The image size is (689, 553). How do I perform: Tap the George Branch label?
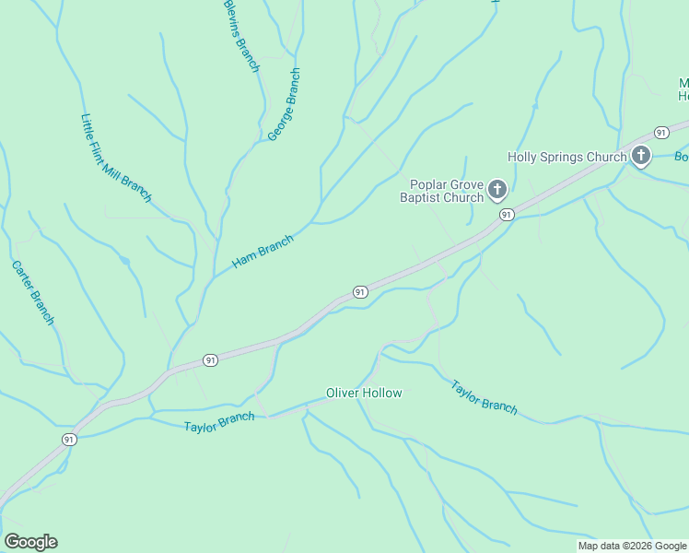coord(284,104)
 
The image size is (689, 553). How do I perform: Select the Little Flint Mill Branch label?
coord(115,158)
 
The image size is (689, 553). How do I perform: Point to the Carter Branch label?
coord(33,292)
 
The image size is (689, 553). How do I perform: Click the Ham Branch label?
coord(263,252)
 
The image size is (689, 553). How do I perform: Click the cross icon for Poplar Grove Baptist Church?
coord(497,191)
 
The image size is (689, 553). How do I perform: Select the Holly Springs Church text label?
coord(566,157)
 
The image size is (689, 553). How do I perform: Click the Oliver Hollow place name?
coord(364,394)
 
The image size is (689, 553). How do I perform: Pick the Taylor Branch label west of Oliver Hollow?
coord(218,423)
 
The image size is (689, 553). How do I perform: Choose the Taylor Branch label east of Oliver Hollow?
coord(484,396)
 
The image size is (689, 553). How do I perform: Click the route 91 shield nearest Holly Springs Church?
coord(661,133)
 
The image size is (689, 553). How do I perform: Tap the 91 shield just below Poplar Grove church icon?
coord(506,215)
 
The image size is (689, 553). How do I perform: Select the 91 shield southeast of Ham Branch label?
coord(360,292)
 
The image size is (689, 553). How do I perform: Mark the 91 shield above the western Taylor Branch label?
coord(211,360)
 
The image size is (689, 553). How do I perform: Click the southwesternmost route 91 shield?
coord(69,440)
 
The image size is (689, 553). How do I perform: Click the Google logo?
coord(30,542)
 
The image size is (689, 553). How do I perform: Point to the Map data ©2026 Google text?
coord(631,546)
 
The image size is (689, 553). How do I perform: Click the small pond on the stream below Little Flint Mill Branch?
coord(124,262)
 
